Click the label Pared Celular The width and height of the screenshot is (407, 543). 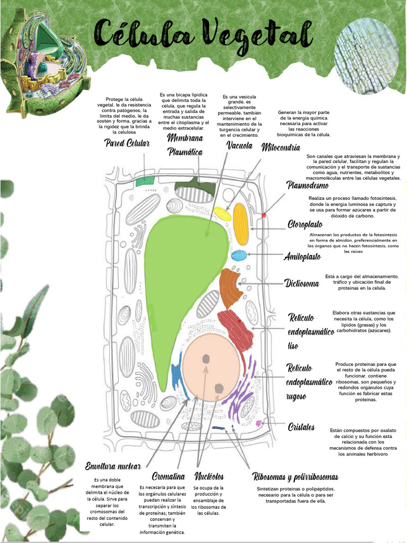click(127, 143)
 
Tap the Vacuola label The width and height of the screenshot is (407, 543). click(239, 145)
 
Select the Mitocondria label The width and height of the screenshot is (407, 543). click(281, 147)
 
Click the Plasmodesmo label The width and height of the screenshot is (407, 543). click(307, 185)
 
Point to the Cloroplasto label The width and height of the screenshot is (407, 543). click(305, 224)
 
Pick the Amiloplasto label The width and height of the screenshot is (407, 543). click(302, 257)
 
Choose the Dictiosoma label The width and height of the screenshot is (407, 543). click(302, 283)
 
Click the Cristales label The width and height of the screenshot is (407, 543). click(302, 427)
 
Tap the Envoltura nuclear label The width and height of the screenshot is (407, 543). click(113, 466)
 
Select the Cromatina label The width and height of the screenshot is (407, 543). click(168, 476)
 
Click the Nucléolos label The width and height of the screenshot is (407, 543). click(209, 476)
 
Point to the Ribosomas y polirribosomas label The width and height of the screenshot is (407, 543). click(295, 477)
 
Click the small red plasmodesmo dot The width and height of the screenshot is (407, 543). click(264, 215)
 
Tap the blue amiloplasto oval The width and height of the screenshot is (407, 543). click(239, 255)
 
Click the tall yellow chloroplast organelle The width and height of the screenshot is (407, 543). click(241, 224)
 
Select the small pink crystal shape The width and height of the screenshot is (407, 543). click(259, 423)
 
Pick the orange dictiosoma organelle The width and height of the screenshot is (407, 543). click(229, 288)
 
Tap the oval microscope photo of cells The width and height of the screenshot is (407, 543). click(367, 56)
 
